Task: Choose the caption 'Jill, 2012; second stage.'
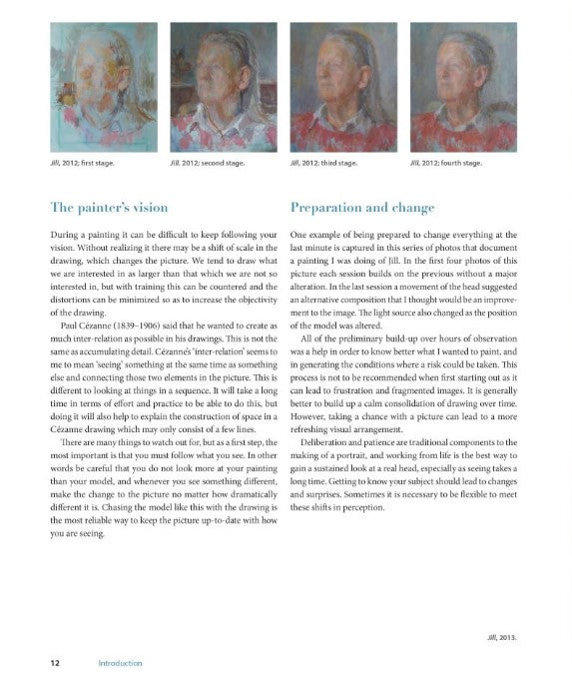click(x=209, y=161)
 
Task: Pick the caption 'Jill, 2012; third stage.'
click(x=323, y=161)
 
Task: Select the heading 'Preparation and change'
click(x=362, y=209)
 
